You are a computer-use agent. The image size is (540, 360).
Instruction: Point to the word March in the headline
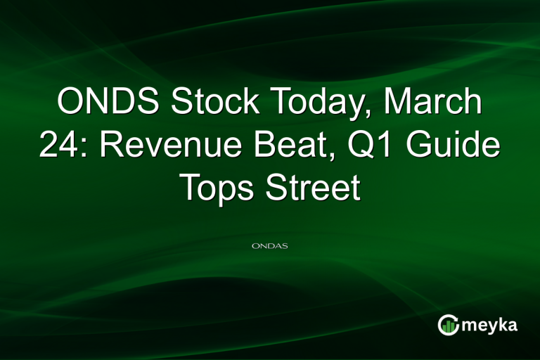(439, 103)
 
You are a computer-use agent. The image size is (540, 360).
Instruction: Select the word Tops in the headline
(219, 188)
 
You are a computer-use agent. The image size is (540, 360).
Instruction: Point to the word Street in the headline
(314, 187)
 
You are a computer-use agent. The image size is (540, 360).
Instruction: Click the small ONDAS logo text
(270, 247)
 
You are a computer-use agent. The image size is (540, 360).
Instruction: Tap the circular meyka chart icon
(448, 324)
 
